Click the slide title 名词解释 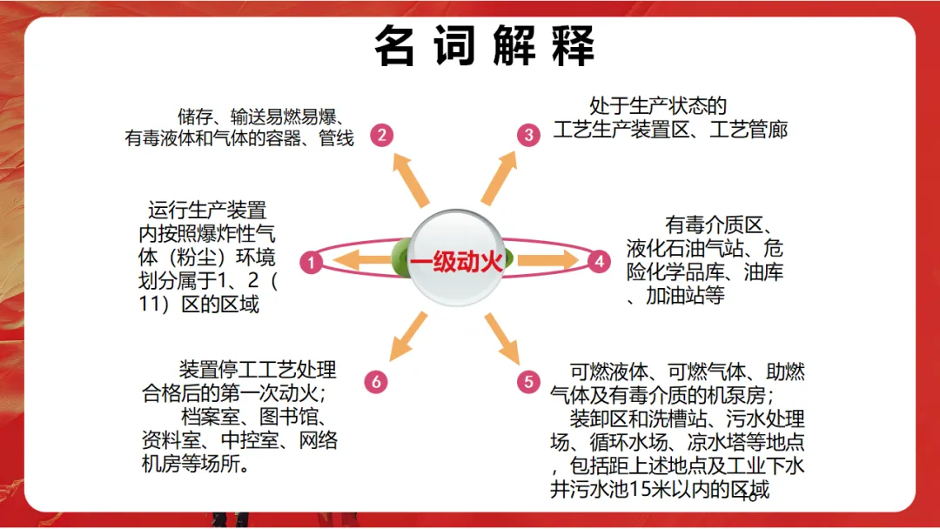[x=484, y=46]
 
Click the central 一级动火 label [x=456, y=261]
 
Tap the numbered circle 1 [x=312, y=261]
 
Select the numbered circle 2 [x=380, y=134]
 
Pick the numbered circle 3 [x=528, y=134]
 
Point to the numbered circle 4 [x=599, y=260]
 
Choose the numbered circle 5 [x=528, y=382]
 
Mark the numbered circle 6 [x=376, y=382]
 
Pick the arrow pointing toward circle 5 [x=502, y=338]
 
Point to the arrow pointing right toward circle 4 [x=548, y=259]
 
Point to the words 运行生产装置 [x=207, y=211]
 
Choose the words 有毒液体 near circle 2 [x=158, y=137]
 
